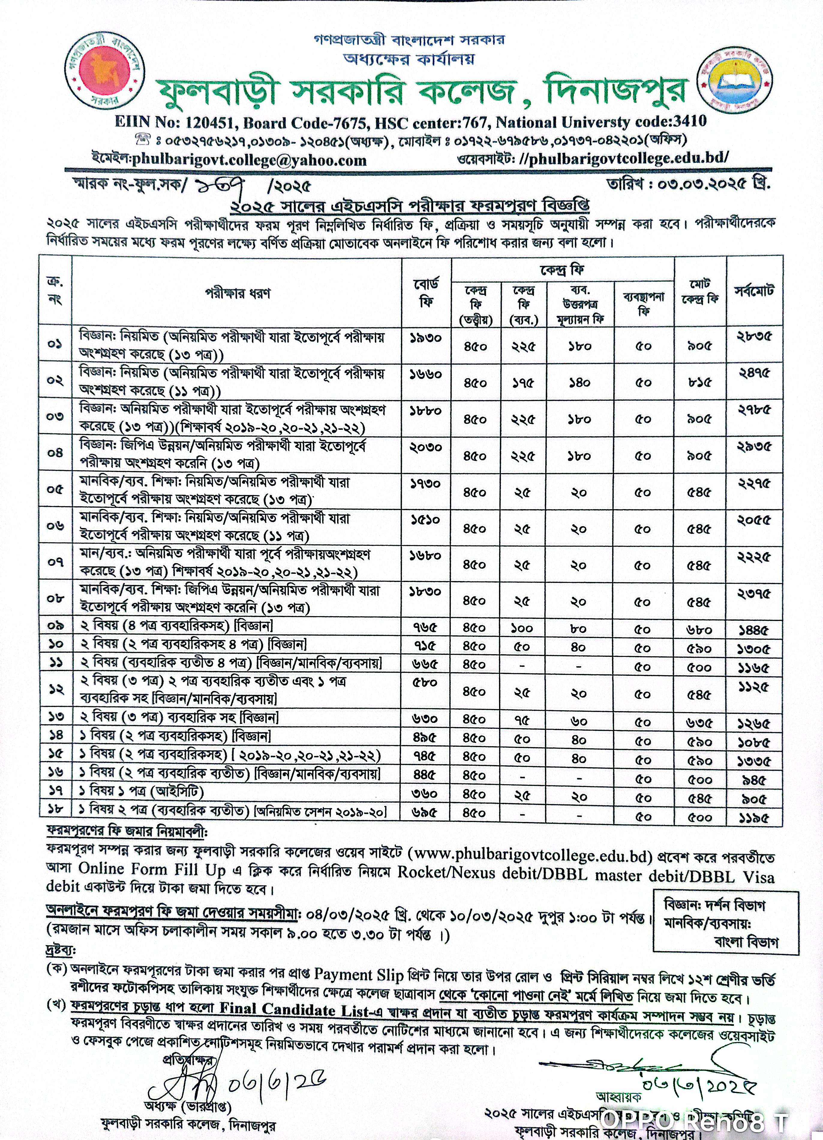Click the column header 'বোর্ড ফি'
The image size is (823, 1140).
point(426,292)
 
